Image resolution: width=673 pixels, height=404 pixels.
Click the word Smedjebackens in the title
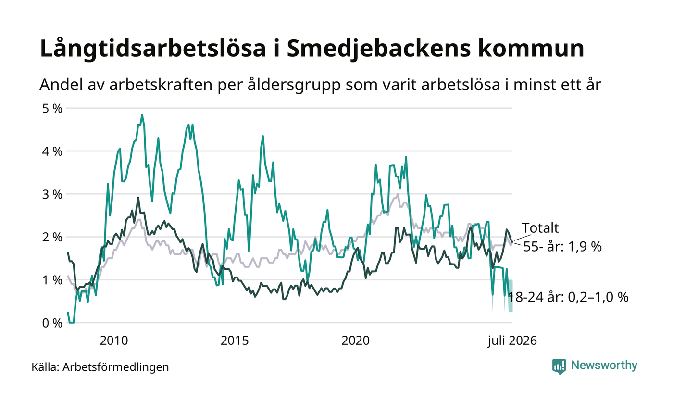tap(379, 49)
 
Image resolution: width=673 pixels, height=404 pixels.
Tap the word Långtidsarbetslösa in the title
tap(153, 49)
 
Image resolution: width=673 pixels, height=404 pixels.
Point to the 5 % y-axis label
tap(52, 108)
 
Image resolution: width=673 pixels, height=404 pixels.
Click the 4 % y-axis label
tap(52, 151)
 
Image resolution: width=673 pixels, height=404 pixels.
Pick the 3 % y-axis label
tap(52, 194)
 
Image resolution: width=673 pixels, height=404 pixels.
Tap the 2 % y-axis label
tap(52, 237)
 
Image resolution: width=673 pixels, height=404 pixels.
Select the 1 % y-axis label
tap(52, 280)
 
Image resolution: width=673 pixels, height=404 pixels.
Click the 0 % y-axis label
tap(52, 323)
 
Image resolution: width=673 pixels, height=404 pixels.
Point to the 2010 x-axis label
tap(114, 341)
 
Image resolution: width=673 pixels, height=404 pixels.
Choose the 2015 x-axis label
tap(235, 341)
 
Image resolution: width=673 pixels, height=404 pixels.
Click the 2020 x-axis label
tap(355, 341)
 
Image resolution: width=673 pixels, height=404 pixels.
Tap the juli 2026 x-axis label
tap(512, 341)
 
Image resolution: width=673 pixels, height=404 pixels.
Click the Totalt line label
tap(540, 228)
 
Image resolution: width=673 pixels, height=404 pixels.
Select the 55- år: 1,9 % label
tap(562, 247)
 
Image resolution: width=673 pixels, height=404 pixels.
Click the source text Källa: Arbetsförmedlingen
tap(100, 367)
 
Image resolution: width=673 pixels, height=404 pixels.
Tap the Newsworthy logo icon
tap(559, 366)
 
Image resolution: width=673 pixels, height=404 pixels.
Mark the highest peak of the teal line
tap(142, 115)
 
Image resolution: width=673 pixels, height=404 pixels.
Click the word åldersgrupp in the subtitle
tap(294, 86)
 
